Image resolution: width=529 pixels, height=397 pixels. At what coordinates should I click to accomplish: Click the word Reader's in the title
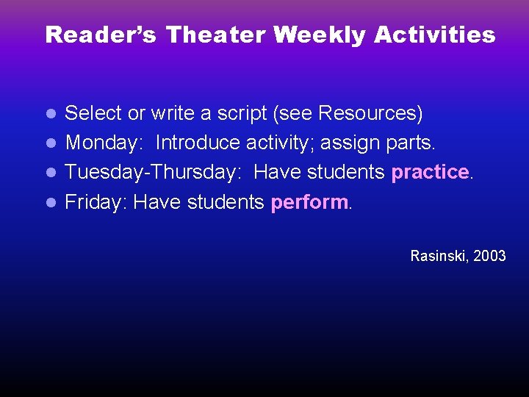pyautogui.click(x=101, y=35)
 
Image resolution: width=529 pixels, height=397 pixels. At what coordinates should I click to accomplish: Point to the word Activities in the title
pyautogui.click(x=435, y=35)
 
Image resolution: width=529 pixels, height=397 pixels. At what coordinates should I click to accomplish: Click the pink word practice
pyautogui.click(x=430, y=172)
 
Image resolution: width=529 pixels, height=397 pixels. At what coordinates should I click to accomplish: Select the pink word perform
pyautogui.click(x=309, y=202)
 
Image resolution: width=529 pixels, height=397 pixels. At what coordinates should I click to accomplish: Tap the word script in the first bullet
pyautogui.click(x=243, y=113)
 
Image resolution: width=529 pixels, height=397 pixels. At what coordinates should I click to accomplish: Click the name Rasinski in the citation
pyautogui.click(x=439, y=256)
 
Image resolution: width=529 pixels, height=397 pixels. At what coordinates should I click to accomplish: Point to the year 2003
pyautogui.click(x=490, y=256)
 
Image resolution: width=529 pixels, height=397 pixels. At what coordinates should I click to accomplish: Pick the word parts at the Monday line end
pyautogui.click(x=414, y=143)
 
